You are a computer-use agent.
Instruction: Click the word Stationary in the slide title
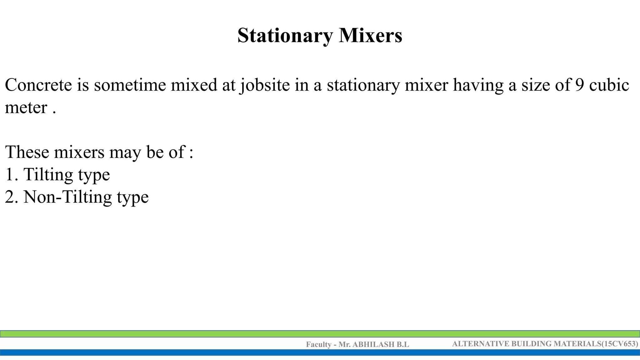[x=285, y=36]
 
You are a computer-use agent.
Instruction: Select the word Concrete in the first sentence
[x=38, y=85]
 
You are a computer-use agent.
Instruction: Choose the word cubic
[x=609, y=85]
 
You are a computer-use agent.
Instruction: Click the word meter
[x=26, y=108]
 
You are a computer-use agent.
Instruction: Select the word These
[x=27, y=152]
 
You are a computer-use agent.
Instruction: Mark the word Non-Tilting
[x=67, y=197]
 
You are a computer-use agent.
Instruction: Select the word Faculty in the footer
[x=318, y=344]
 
